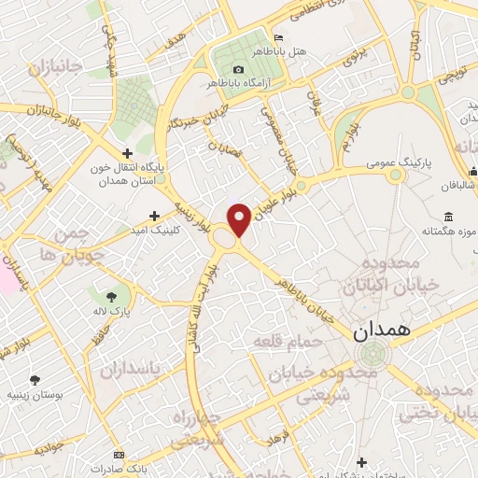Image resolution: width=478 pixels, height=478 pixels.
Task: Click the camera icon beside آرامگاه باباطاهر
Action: pyautogui.click(x=238, y=70)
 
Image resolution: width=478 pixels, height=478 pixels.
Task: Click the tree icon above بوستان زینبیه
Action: pyautogui.click(x=35, y=380)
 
